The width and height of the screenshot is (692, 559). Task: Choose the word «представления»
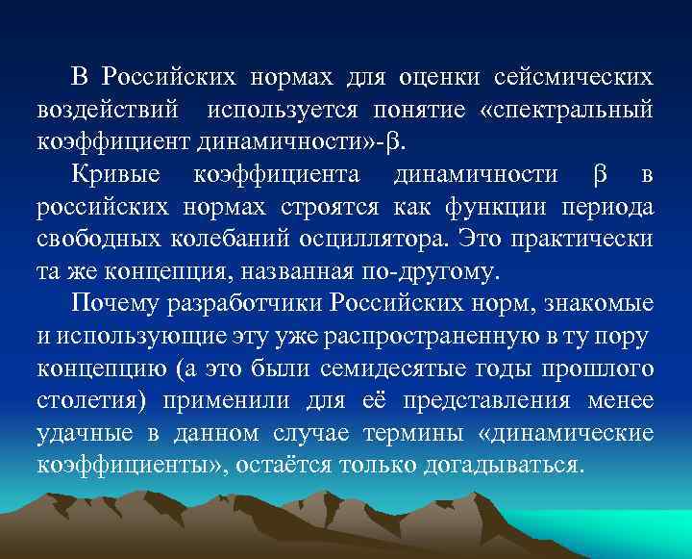pyautogui.click(x=476, y=402)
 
